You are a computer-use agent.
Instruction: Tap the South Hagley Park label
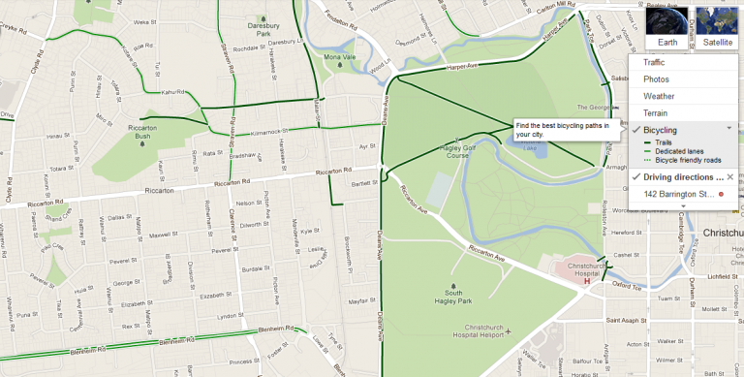(x=460, y=297)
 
